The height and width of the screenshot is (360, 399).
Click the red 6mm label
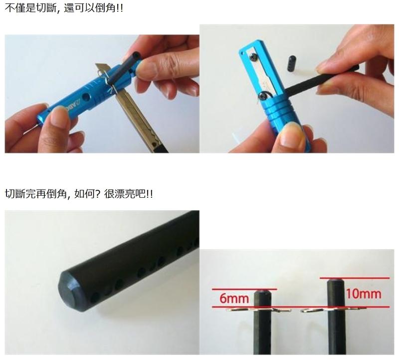pos(234,298)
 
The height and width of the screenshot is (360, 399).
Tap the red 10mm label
pos(364,294)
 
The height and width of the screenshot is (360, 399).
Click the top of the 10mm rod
pos(336,280)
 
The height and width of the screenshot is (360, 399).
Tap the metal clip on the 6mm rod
pos(258,310)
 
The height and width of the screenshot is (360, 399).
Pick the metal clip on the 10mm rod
pos(333,310)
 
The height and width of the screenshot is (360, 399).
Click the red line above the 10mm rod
pos(355,278)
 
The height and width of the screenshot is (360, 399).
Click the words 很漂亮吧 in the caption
pos(124,194)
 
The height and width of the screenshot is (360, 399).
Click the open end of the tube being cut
pos(137,55)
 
